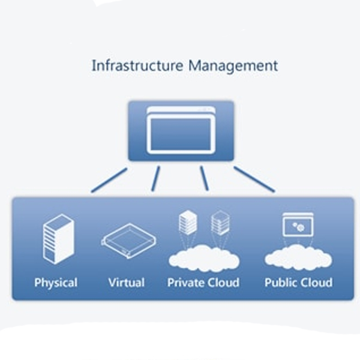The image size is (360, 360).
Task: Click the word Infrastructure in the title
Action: [x=137, y=65]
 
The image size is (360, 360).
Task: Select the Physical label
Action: [x=56, y=282]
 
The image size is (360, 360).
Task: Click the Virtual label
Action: [x=126, y=282]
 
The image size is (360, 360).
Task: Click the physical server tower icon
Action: [x=58, y=238]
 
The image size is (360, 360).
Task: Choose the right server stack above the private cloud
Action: [x=220, y=223]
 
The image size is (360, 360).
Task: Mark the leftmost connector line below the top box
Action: [x=109, y=180]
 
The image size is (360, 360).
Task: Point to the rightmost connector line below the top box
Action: [x=254, y=179]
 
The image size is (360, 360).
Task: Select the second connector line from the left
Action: [x=156, y=179]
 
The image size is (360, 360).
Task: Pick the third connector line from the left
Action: [x=204, y=179]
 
